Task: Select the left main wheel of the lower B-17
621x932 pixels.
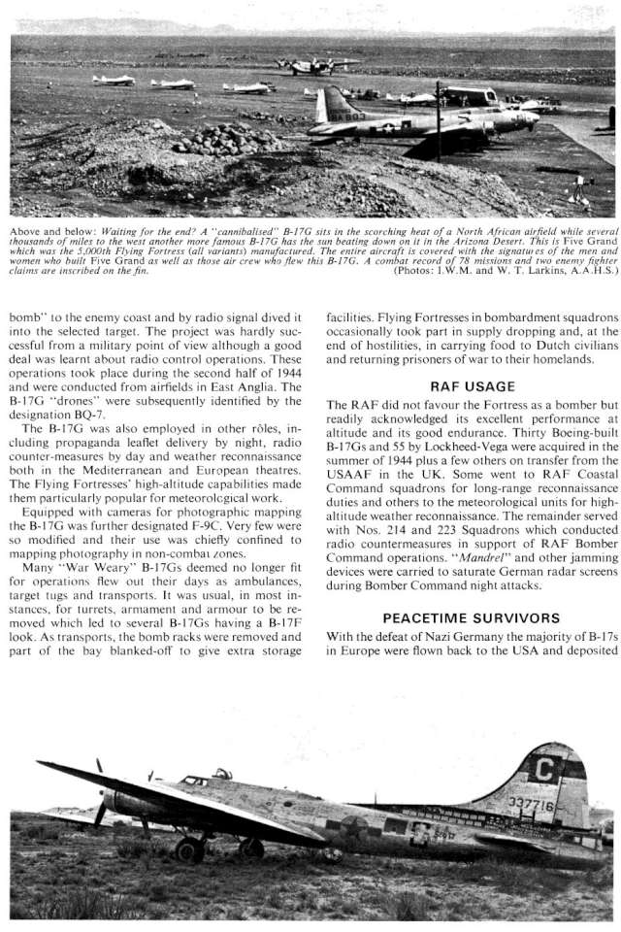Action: pos(190,849)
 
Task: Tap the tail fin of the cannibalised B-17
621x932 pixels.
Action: pos(328,106)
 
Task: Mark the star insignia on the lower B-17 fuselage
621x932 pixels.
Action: pos(355,827)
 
